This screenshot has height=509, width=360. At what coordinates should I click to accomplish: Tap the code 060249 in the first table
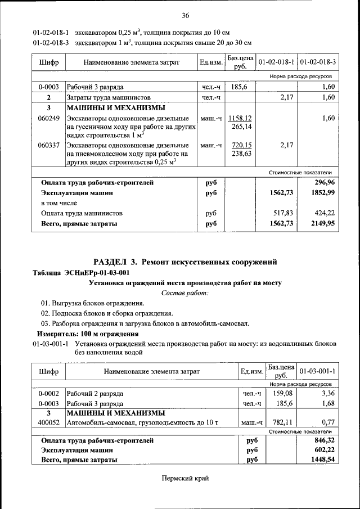(49, 118)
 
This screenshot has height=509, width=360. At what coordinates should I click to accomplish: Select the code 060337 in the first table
(49, 145)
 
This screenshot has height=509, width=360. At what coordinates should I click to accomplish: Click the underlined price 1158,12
(240, 118)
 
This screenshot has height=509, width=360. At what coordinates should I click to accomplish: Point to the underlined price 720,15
(241, 145)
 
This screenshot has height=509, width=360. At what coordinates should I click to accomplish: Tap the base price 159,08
(282, 393)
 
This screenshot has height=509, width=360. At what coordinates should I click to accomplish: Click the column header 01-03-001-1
(317, 372)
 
